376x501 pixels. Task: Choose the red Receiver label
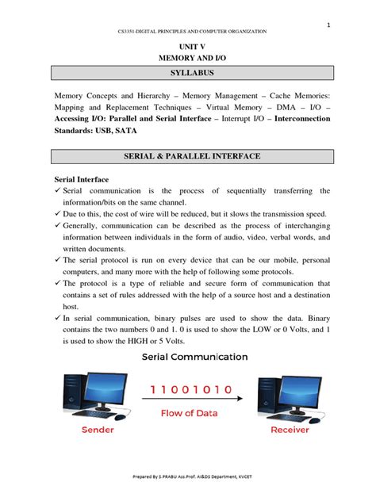(290, 429)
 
